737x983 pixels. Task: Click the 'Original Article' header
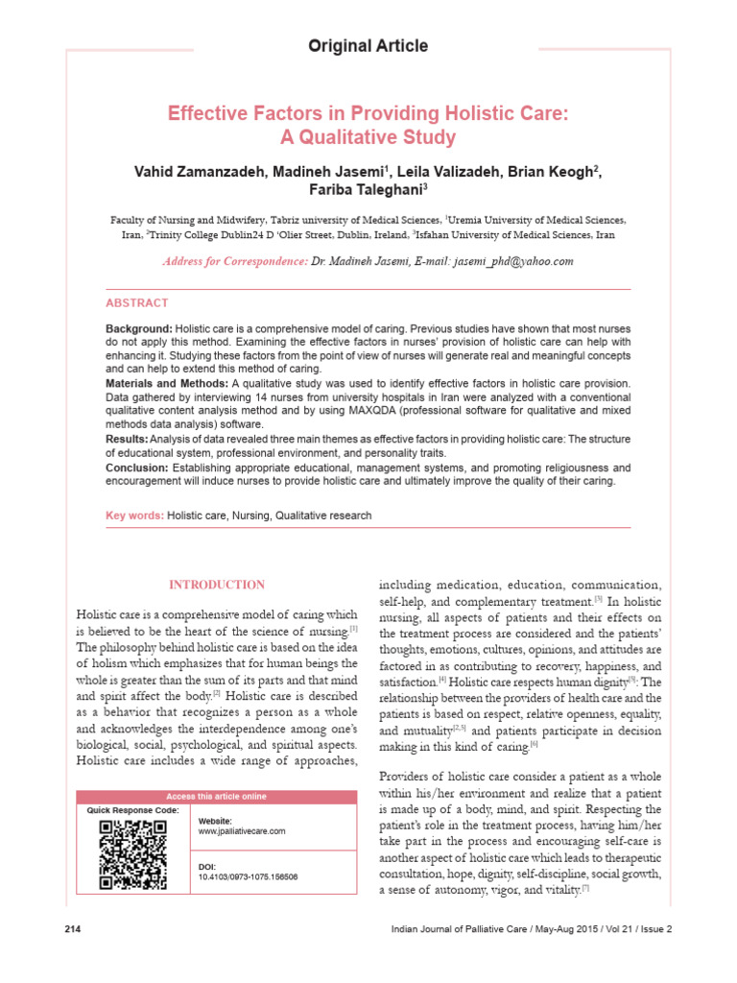(x=368, y=46)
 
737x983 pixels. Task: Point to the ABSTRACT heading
(x=136, y=302)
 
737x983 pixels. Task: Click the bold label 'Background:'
(x=139, y=329)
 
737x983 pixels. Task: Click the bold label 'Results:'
(x=127, y=438)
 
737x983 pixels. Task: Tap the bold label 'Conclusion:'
(x=136, y=468)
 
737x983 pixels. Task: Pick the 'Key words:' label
(x=134, y=515)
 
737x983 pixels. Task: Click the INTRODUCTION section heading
(x=217, y=585)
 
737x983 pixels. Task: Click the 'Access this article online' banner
(x=215, y=796)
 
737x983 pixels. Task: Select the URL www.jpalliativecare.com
(x=242, y=831)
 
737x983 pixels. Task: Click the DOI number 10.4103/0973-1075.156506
(x=248, y=877)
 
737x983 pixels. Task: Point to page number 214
(x=72, y=928)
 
